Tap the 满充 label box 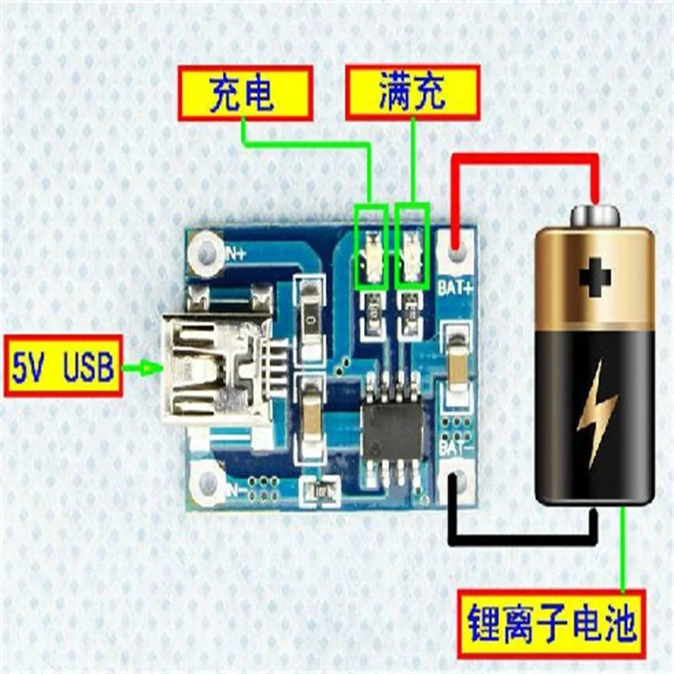click(x=413, y=92)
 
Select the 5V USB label click(x=63, y=366)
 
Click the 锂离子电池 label click(x=552, y=625)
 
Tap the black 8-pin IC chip click(x=393, y=430)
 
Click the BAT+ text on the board click(x=456, y=286)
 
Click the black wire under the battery click(x=522, y=537)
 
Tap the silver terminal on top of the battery click(x=595, y=215)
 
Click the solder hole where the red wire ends click(x=457, y=251)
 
